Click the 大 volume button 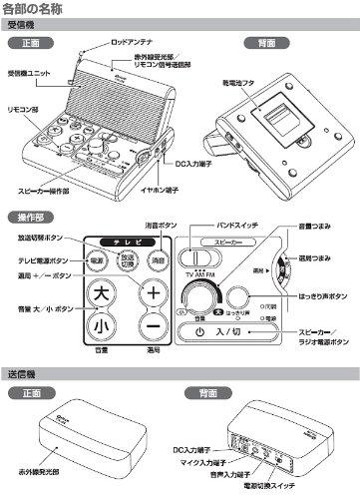pyautogui.click(x=99, y=295)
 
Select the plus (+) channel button pyautogui.click(x=154, y=295)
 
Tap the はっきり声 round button pyautogui.click(x=236, y=297)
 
